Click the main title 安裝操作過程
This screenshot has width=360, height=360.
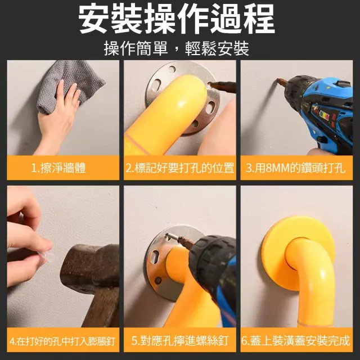click(x=176, y=19)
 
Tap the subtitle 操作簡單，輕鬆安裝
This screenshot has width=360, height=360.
click(x=176, y=48)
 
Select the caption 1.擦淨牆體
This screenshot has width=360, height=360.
click(x=58, y=168)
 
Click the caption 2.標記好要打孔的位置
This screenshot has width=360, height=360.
click(x=180, y=168)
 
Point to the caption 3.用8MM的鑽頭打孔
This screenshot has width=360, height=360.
click(x=296, y=168)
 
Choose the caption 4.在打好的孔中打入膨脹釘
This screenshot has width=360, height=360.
click(x=62, y=341)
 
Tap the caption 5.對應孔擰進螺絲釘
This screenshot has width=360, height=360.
click(x=180, y=340)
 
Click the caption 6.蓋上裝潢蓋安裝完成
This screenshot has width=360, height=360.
click(x=296, y=340)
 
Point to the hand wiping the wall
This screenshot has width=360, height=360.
click(x=57, y=119)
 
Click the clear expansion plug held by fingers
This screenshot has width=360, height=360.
click(x=48, y=256)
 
